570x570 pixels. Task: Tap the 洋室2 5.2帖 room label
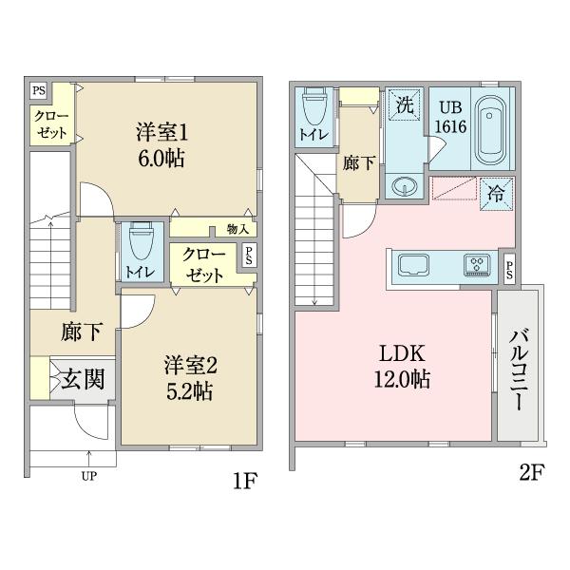click(x=190, y=377)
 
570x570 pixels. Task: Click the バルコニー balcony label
click(x=519, y=368)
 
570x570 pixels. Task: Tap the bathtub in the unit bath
click(x=490, y=128)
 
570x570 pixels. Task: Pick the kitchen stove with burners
click(x=476, y=265)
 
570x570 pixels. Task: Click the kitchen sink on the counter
click(x=415, y=264)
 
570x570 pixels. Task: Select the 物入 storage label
click(x=237, y=229)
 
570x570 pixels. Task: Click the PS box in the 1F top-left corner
click(x=39, y=91)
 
